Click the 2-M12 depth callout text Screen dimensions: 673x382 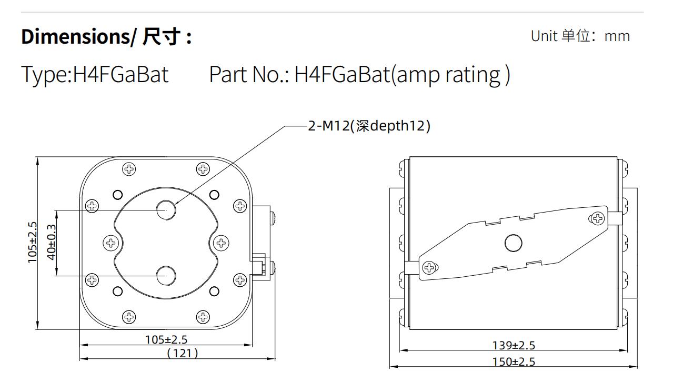click(369, 126)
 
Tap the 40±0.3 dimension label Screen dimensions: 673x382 click(52, 242)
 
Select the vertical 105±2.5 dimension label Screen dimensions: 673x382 click(32, 243)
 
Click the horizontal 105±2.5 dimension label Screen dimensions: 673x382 click(166, 339)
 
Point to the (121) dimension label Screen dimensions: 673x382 click(183, 353)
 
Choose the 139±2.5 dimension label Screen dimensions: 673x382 click(514, 345)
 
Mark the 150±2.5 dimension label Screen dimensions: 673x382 click(514, 361)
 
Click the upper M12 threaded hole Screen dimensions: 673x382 click(166, 210)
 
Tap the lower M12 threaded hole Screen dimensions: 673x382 click(166, 276)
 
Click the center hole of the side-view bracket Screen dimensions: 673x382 click(514, 243)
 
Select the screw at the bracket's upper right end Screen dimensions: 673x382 click(597, 218)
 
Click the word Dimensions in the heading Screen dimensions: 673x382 click(76, 37)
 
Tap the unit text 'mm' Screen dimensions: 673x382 click(617, 36)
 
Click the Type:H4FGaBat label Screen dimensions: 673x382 click(95, 74)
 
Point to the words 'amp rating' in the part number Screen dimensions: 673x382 click(448, 75)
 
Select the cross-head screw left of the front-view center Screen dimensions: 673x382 click(111, 243)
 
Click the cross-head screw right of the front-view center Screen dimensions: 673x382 click(222, 243)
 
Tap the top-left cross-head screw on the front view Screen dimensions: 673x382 click(129, 169)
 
